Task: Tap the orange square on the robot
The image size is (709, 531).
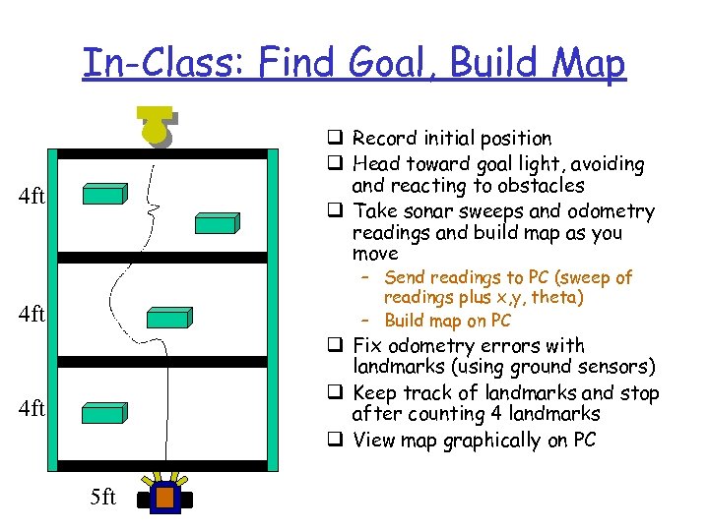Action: [164, 498]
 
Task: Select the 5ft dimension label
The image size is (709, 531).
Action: [102, 498]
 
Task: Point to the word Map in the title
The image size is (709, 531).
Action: [588, 64]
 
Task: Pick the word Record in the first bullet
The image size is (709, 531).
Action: [384, 139]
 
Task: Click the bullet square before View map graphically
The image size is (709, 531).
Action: [338, 441]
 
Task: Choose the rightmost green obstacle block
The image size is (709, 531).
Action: [216, 223]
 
